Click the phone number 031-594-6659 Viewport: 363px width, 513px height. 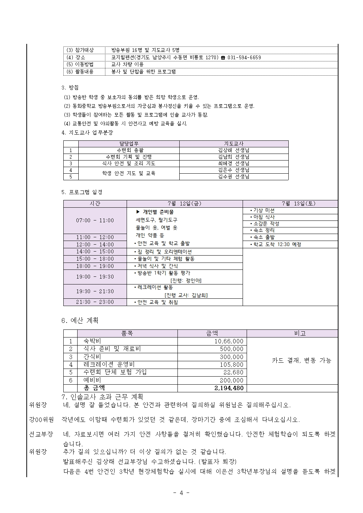244,57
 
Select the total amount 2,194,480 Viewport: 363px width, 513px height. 229,388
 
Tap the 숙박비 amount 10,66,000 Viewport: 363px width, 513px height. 229,341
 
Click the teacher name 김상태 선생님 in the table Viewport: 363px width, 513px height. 234,150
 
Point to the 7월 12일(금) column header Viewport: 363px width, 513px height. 184,204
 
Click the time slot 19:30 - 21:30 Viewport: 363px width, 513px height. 95,291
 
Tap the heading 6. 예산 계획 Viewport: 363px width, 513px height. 80,320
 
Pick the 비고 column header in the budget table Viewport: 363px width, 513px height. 300,333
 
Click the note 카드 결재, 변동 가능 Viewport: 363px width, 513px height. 301,361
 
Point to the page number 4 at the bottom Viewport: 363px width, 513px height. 181,493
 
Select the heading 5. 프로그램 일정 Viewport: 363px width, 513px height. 82,192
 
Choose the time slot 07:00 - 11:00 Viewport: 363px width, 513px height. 95,220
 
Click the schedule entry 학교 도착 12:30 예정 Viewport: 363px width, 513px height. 277,245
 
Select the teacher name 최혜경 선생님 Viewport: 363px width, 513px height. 234,163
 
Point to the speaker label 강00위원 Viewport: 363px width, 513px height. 41,419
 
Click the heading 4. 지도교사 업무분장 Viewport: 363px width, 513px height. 87,132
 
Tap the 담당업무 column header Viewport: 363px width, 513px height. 129,144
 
